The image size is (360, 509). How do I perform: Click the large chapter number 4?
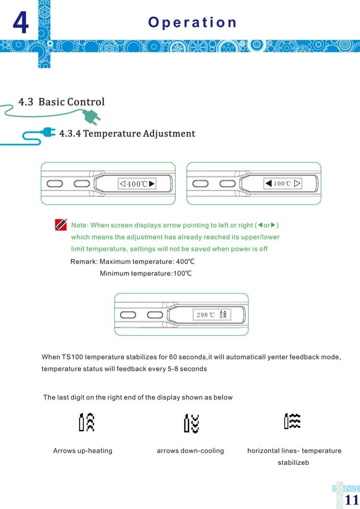(x=20, y=23)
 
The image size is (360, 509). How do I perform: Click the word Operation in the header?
(x=192, y=23)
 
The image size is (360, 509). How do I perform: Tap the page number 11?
(x=352, y=498)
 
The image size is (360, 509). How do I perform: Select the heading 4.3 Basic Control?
(x=61, y=102)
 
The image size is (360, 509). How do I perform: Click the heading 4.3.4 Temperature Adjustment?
(x=127, y=133)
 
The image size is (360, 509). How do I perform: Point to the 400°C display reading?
(x=137, y=184)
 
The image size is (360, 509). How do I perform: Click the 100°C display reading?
(x=282, y=183)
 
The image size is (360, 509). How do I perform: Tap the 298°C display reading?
(x=206, y=315)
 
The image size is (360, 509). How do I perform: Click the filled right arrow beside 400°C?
(x=152, y=183)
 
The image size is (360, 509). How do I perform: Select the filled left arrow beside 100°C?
(x=269, y=183)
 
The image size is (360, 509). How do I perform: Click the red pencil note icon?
(x=61, y=225)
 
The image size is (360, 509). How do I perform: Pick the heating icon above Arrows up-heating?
(x=87, y=422)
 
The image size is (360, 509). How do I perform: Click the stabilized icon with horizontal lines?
(x=292, y=421)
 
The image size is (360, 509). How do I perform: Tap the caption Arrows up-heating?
(x=83, y=451)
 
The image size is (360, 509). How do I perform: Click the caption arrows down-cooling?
(x=191, y=451)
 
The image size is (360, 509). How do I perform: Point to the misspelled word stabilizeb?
(x=293, y=463)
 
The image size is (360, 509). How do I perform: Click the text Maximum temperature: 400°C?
(x=147, y=261)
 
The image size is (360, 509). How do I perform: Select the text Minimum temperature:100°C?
(x=146, y=273)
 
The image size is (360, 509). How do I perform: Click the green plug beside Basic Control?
(x=91, y=116)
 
